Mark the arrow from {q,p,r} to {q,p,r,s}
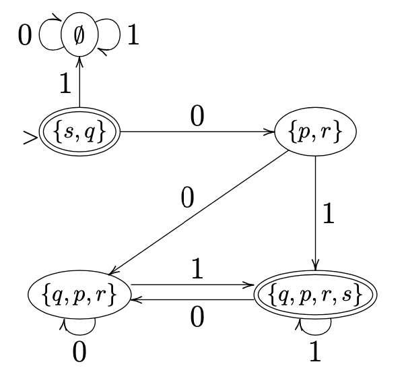[x=192, y=285]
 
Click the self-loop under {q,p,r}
[x=79, y=326]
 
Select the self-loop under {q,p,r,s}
[x=314, y=326]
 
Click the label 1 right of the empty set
[x=133, y=34]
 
